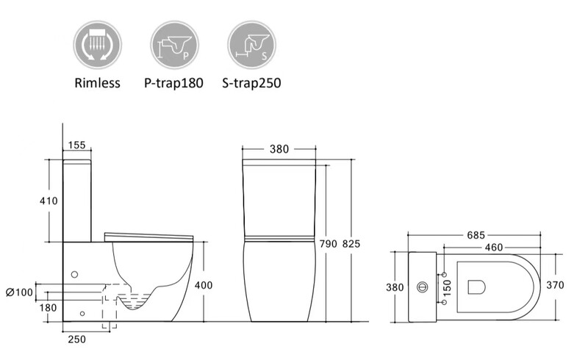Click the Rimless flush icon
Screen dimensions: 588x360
coord(98,45)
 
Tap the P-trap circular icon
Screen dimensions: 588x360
coord(174,45)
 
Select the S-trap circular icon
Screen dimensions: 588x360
coord(251,45)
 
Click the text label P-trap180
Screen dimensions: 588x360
coord(173,83)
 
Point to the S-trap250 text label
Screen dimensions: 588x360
coord(251,83)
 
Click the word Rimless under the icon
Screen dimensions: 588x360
coord(97,83)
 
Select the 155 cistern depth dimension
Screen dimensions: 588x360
coord(77,145)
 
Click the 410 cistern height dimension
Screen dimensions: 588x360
coord(49,201)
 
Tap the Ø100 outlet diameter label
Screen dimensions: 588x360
coord(20,292)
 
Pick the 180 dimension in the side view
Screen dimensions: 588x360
coord(48,308)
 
